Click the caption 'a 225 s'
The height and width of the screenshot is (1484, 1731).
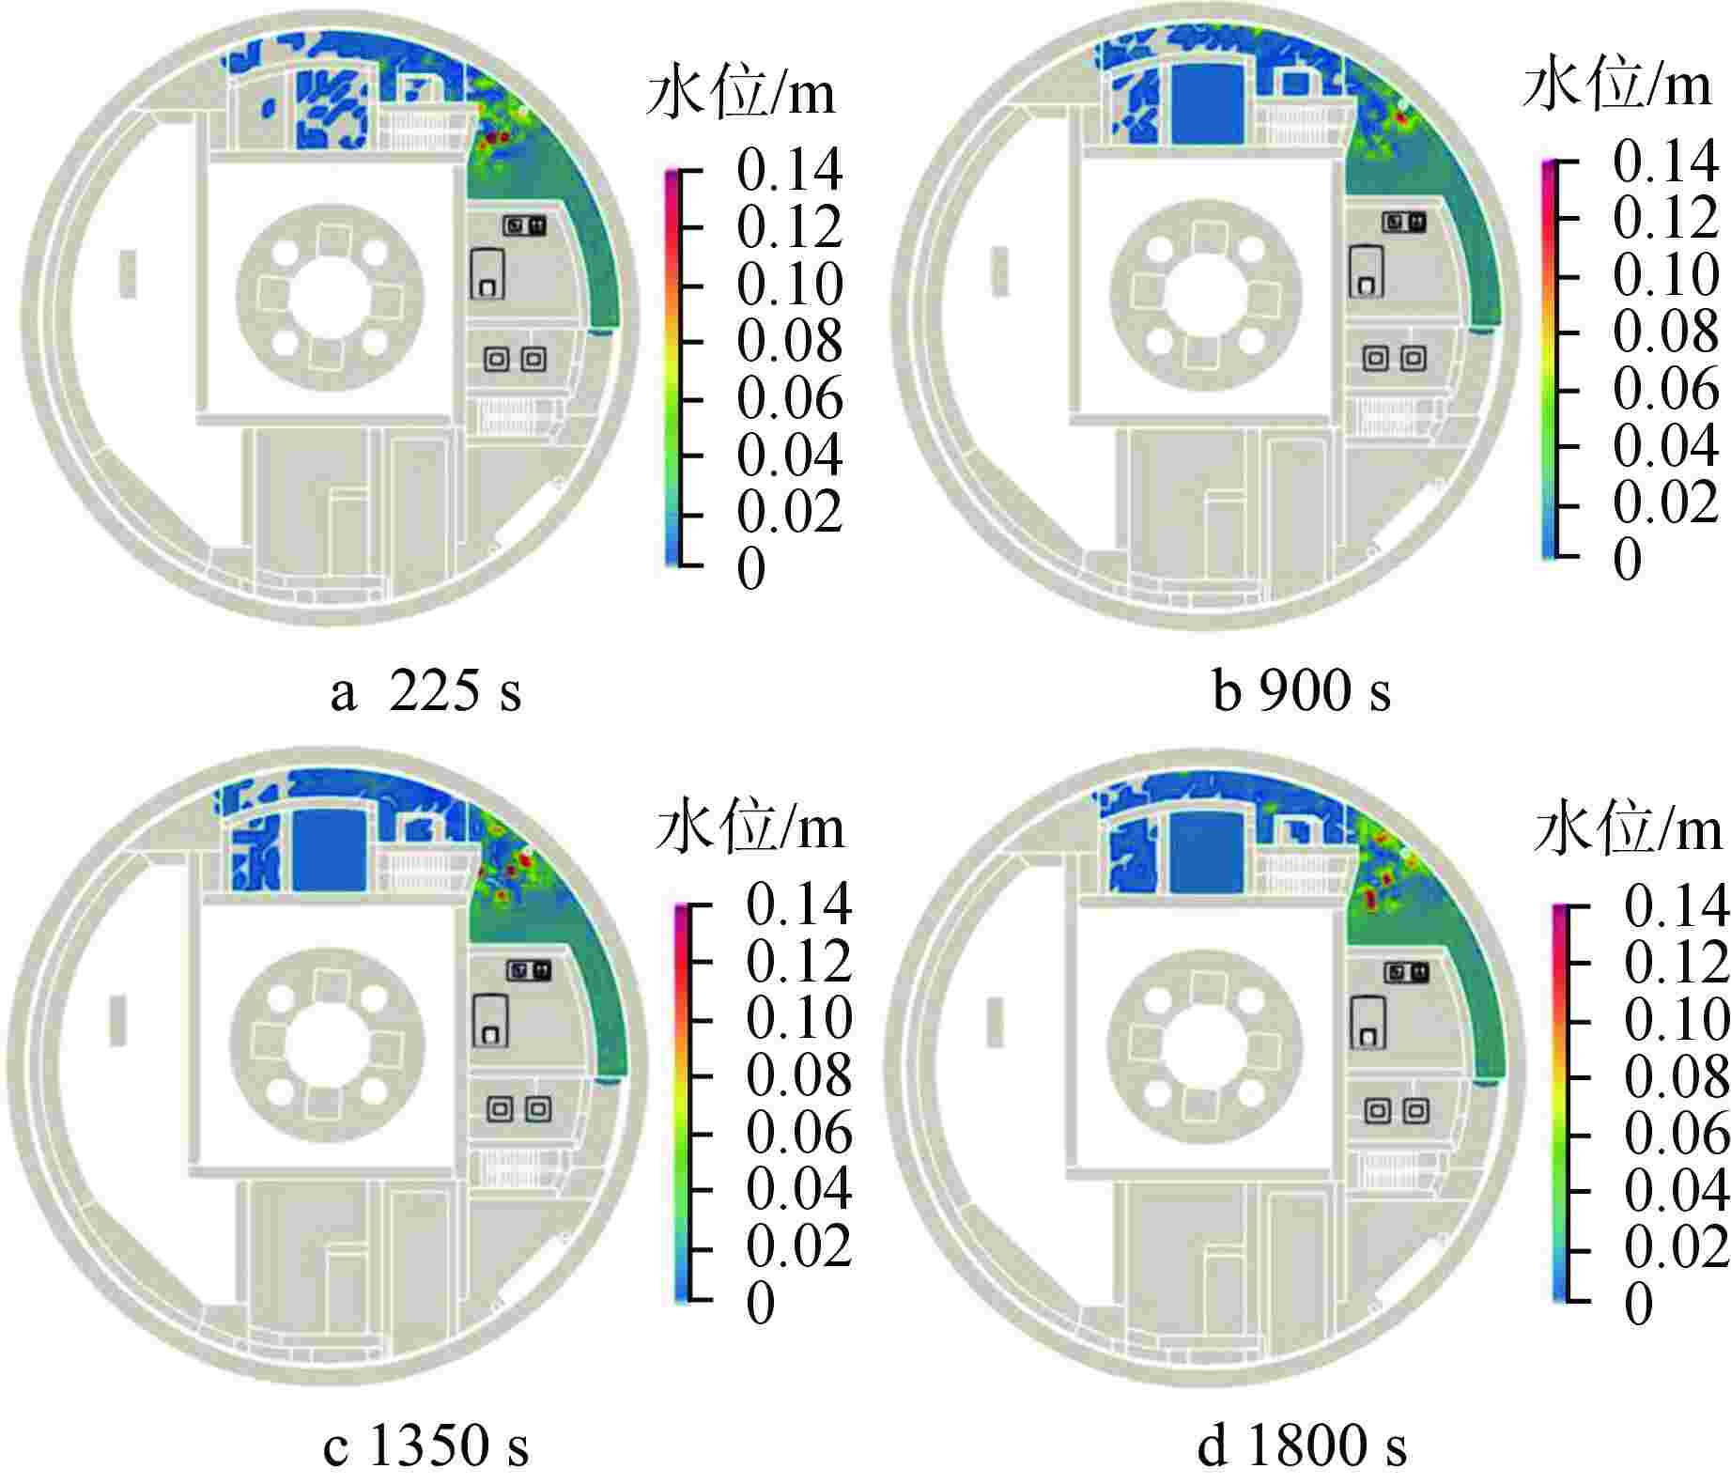pos(425,692)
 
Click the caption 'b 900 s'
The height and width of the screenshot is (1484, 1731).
pos(1302,692)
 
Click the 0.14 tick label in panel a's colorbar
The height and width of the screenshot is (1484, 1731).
pos(790,171)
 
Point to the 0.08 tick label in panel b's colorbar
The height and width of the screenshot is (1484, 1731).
pos(1666,332)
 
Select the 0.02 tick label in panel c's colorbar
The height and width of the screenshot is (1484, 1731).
pos(799,1245)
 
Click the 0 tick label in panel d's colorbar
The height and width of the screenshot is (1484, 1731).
pos(1638,1304)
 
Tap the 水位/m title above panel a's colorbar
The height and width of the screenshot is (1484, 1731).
pos(741,94)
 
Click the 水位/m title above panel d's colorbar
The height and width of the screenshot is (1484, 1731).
pos(1629,830)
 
